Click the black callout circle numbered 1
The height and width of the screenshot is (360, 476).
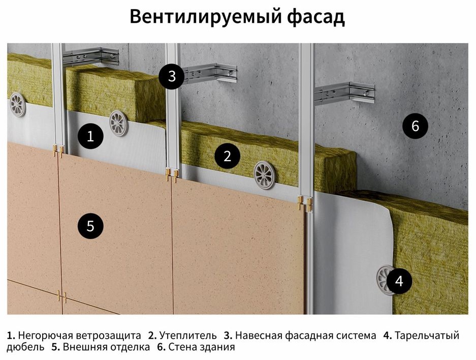pos(90,136)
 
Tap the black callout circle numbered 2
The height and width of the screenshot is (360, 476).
pos(228,156)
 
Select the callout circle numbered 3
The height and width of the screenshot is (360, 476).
pos(172,76)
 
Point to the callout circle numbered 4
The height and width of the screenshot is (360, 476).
pos(399,281)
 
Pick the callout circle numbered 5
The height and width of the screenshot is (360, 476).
pos(90,226)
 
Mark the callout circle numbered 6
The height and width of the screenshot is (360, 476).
pos(415,126)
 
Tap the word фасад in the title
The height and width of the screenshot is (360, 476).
pos(316,16)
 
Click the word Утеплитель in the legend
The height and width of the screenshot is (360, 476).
pos(188,336)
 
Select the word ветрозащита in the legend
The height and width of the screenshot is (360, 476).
pos(108,336)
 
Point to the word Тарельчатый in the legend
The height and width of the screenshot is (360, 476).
pos(427,336)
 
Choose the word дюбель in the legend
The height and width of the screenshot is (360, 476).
pos(25,347)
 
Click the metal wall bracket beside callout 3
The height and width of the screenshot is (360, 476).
pos(211,74)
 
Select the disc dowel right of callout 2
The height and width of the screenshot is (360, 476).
pos(264,175)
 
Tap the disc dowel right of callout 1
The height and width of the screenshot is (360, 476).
pos(119,123)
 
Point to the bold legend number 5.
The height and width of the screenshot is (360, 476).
pos(55,347)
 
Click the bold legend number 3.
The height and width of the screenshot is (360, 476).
pos(228,336)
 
